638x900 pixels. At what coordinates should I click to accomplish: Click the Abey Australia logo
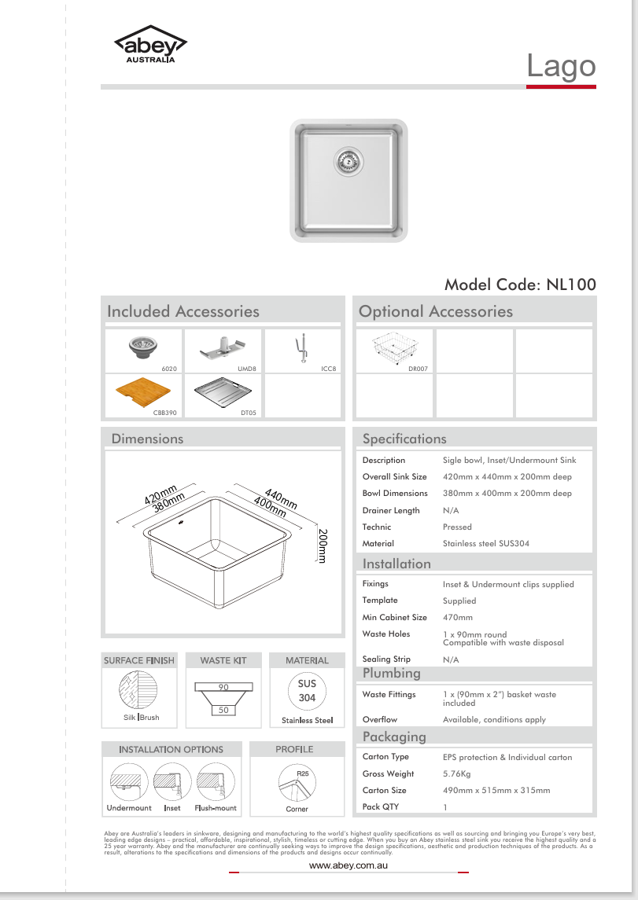pyautogui.click(x=149, y=46)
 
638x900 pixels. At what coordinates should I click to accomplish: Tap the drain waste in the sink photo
pyautogui.click(x=347, y=161)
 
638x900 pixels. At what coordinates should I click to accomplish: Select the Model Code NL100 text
pyautogui.click(x=520, y=285)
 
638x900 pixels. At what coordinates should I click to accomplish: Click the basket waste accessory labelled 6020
pyautogui.click(x=142, y=347)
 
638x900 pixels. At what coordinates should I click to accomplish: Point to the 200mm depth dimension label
pyautogui.click(x=323, y=545)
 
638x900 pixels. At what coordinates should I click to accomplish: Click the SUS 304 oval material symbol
pyautogui.click(x=307, y=691)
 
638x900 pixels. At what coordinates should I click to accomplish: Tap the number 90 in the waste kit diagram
pyautogui.click(x=223, y=687)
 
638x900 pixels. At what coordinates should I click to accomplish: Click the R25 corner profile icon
pyautogui.click(x=297, y=783)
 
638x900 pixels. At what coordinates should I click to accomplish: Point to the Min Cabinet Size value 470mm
pyautogui.click(x=458, y=618)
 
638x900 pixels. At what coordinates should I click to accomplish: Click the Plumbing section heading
pyautogui.click(x=392, y=674)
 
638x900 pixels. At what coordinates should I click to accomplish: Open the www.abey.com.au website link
pyautogui.click(x=349, y=865)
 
